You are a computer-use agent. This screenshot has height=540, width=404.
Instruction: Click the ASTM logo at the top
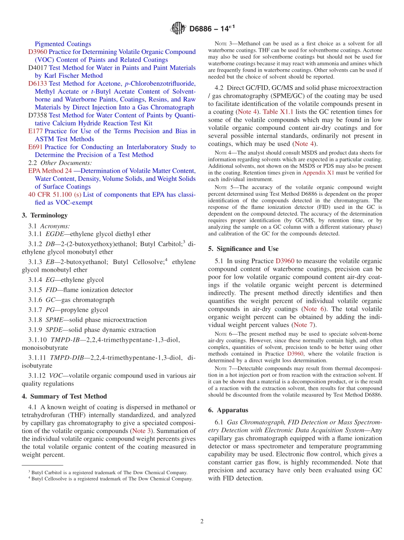pos(178,29)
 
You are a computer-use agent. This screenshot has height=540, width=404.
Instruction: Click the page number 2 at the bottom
pos(202,521)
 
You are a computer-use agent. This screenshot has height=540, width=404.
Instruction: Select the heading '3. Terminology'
pos(45,215)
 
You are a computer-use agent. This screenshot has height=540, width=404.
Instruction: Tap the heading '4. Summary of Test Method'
pos(64,396)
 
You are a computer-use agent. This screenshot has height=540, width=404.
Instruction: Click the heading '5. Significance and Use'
pos(244,248)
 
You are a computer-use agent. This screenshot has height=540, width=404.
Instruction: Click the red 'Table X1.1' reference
pos(277,112)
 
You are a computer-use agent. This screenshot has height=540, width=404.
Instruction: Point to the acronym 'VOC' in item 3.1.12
pos(56,375)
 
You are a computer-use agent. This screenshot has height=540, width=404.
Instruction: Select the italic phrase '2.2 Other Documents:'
pos(60,163)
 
